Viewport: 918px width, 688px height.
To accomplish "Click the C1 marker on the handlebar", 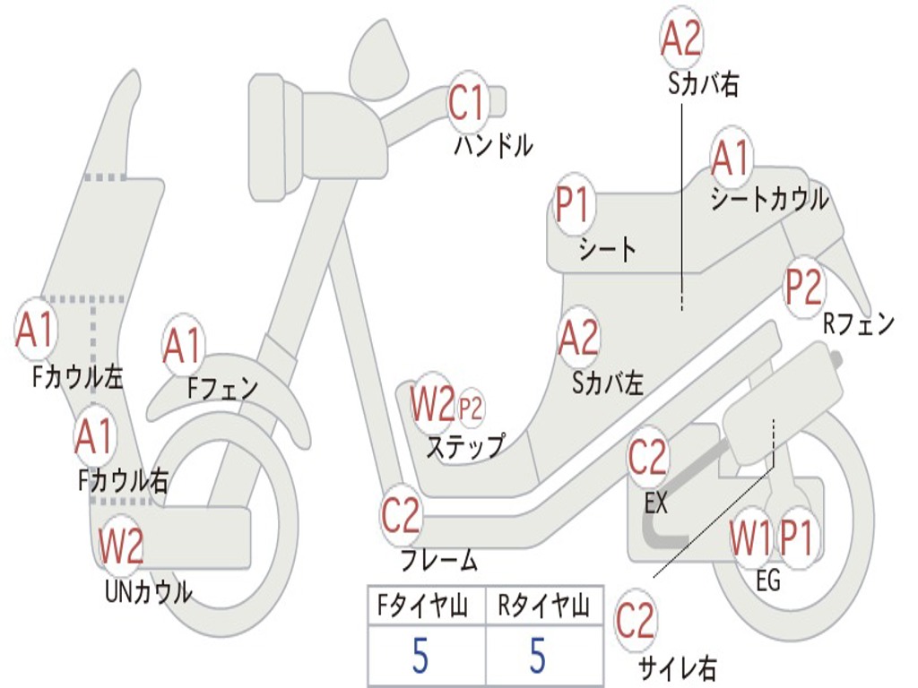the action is [468, 103].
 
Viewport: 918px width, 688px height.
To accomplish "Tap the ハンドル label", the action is [494, 145].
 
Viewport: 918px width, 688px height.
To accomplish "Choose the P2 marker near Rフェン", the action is [803, 287].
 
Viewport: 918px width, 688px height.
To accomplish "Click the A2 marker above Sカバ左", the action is [578, 338].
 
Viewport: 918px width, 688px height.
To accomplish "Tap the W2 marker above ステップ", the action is [432, 404].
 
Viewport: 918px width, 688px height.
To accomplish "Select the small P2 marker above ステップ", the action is [470, 408].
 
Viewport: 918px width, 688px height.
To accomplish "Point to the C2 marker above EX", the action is [647, 457].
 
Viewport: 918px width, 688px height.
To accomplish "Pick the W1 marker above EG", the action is [750, 537].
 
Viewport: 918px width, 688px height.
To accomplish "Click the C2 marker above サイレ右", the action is [635, 621].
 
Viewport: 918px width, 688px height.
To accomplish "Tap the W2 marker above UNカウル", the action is [120, 546].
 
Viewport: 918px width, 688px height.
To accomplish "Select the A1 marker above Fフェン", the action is [183, 345].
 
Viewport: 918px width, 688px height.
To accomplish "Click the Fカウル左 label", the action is [78, 377].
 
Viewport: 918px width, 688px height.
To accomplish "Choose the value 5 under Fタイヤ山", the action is [420, 655].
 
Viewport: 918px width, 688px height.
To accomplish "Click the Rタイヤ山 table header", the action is [544, 606].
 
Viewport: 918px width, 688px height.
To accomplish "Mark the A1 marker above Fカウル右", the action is [93, 436].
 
